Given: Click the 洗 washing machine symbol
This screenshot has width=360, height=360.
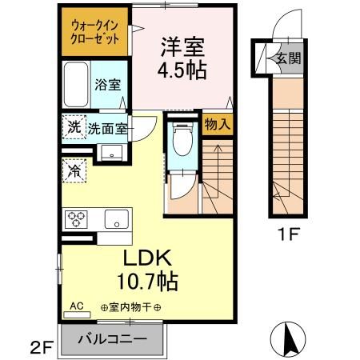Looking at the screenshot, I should click(74, 126).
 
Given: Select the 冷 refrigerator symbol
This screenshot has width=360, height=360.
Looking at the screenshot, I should click(74, 170).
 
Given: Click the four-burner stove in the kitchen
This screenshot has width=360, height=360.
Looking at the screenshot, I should click(78, 218).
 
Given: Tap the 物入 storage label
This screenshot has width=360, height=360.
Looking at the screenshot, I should click(216, 124).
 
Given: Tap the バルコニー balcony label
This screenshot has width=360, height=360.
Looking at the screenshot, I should click(112, 339).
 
